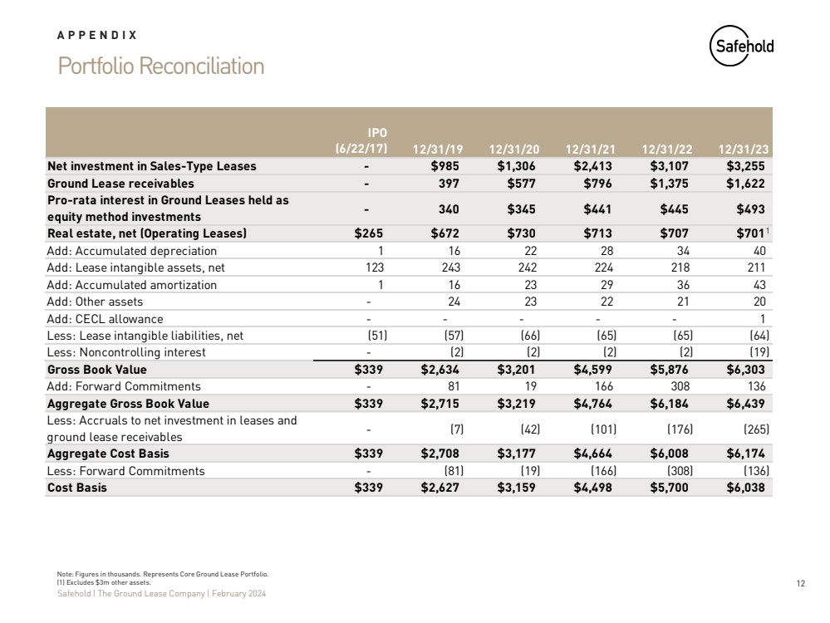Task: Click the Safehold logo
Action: click(742, 47)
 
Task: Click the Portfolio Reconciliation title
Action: click(161, 66)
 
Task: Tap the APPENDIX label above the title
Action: click(97, 35)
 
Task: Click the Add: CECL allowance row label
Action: click(106, 318)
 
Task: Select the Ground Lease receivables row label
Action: click(120, 183)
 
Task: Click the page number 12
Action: click(801, 584)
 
